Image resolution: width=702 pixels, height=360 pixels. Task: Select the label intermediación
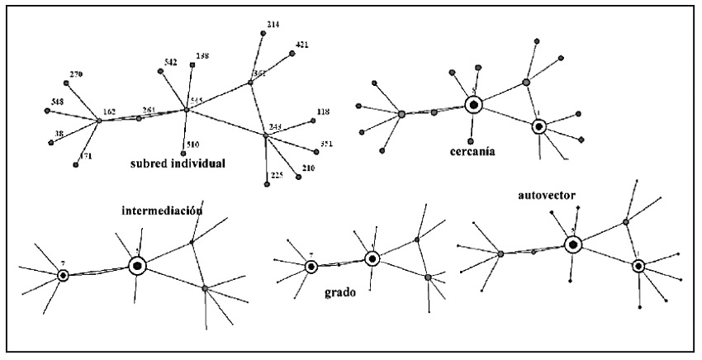coord(162,210)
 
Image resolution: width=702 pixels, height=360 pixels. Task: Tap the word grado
coord(339,291)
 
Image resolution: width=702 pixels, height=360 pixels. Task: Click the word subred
coord(149,163)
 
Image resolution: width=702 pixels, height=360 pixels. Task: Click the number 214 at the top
coord(273,25)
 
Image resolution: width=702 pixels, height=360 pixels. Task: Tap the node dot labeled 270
coord(65,83)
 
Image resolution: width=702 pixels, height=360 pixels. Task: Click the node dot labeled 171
coord(76,165)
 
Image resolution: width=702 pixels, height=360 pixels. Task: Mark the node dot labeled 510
coord(183,153)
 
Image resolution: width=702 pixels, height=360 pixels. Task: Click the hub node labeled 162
coord(99,121)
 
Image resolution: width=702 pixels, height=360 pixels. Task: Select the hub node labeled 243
coord(265,135)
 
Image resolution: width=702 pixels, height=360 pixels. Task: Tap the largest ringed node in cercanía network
coord(473,105)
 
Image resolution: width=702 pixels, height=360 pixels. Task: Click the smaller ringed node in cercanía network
coord(538,126)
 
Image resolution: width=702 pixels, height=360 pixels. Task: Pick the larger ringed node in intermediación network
coord(137,265)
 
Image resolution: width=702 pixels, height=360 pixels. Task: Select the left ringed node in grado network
coord(311,266)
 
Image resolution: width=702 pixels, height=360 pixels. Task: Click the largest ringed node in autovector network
coord(572,244)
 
